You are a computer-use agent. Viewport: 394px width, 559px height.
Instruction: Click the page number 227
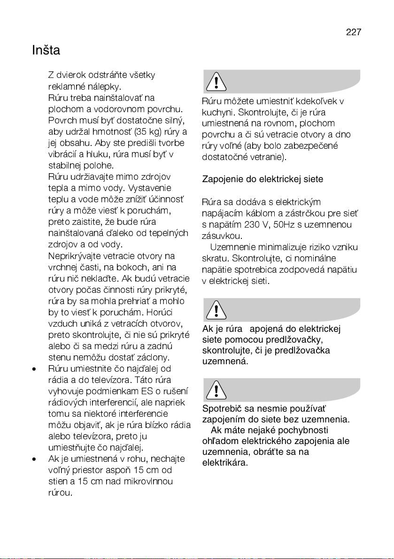click(x=354, y=32)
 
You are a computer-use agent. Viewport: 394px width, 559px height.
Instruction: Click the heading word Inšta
click(x=46, y=50)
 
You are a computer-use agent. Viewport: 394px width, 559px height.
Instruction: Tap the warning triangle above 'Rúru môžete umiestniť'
click(x=216, y=82)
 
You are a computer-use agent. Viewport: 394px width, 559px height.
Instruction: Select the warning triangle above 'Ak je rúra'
click(x=216, y=310)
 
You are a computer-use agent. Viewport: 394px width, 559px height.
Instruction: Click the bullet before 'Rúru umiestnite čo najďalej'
click(x=34, y=368)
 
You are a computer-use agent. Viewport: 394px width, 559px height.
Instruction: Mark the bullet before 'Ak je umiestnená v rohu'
click(x=34, y=459)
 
